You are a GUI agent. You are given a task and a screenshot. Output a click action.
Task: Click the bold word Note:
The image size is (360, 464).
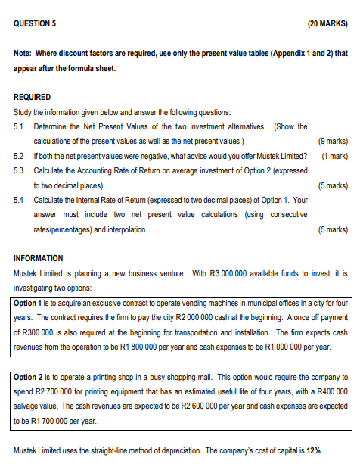[24, 54]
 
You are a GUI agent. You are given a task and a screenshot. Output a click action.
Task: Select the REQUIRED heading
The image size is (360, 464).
[33, 97]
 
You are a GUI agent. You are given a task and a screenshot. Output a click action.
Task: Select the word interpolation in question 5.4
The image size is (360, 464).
[125, 229]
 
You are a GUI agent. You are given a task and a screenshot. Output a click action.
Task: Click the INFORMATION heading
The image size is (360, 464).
[39, 258]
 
